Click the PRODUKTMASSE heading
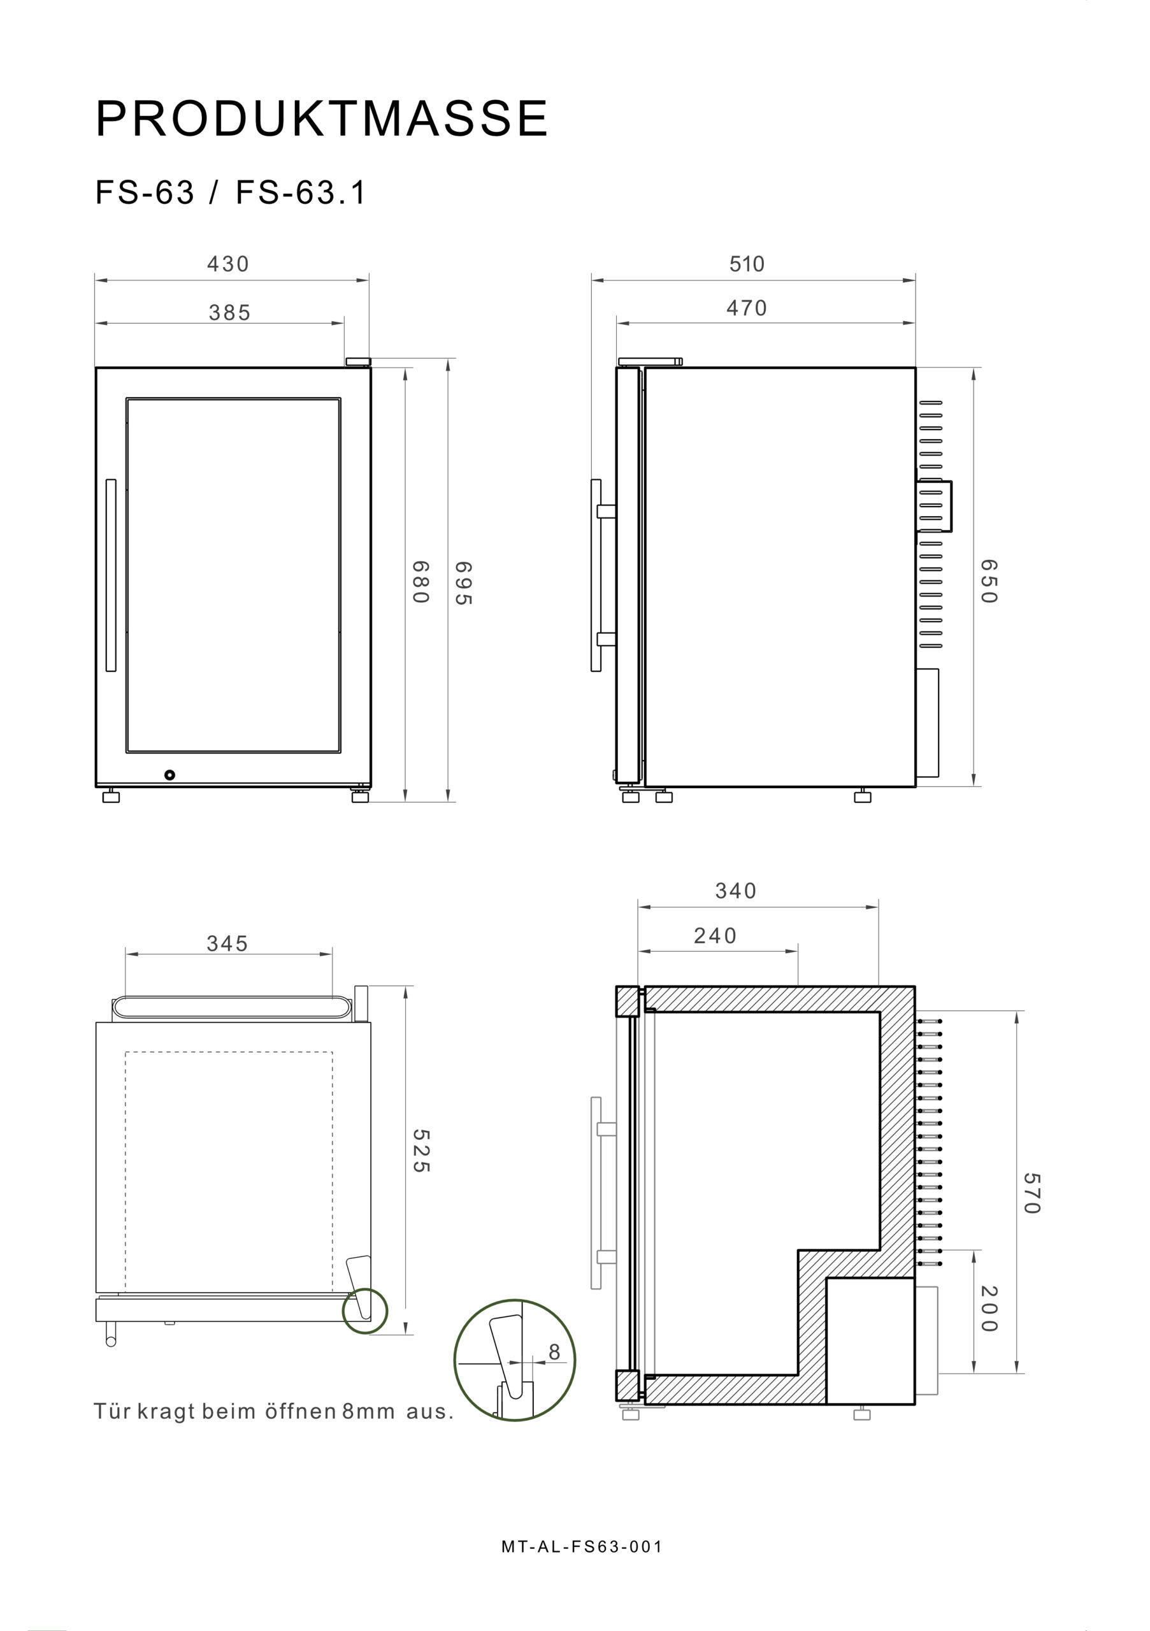321,119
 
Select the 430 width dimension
228,264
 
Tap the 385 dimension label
229,313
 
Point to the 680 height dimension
420,582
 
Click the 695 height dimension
463,582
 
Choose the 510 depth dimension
747,264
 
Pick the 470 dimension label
747,308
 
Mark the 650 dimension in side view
988,580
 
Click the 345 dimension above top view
227,944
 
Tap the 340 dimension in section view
735,891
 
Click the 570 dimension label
1031,1193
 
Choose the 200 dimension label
988,1309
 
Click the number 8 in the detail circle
554,1353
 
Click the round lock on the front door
169,775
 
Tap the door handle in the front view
111,575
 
